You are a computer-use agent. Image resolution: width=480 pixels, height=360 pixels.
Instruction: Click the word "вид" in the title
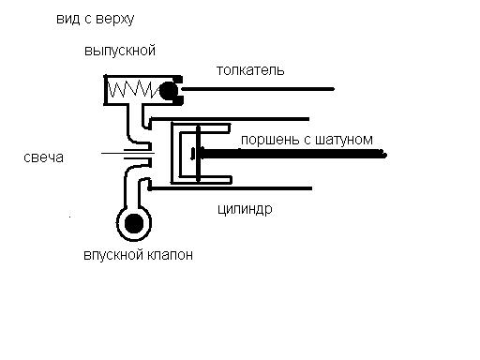point(67,19)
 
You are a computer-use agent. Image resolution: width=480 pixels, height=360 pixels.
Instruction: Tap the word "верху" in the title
point(115,20)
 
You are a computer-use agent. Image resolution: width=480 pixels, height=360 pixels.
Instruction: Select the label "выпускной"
point(120,51)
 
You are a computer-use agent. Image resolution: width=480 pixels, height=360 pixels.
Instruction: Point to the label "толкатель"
point(250,70)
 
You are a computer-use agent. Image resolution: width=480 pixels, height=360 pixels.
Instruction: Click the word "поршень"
point(270,140)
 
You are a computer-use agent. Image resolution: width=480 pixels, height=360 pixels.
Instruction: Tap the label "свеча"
point(43,157)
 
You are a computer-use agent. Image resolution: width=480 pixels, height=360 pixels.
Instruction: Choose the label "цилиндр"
point(245,209)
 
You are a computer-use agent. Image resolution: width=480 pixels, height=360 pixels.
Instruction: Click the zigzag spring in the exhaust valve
point(133,89)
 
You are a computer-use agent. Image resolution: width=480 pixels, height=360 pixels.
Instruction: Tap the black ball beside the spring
point(169,91)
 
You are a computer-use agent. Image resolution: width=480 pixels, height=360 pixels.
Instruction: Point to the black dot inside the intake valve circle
point(134,223)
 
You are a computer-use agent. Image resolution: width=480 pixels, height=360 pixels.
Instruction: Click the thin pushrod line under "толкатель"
point(258,89)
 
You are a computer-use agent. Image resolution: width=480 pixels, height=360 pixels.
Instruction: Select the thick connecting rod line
point(293,154)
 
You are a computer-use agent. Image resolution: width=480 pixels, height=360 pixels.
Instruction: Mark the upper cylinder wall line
point(230,119)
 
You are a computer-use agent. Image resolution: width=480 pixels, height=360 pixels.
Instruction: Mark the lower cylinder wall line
point(231,188)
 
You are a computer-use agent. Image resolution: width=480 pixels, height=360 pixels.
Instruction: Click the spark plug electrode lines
point(128,153)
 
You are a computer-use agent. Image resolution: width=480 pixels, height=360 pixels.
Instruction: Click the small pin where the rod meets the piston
point(193,154)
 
